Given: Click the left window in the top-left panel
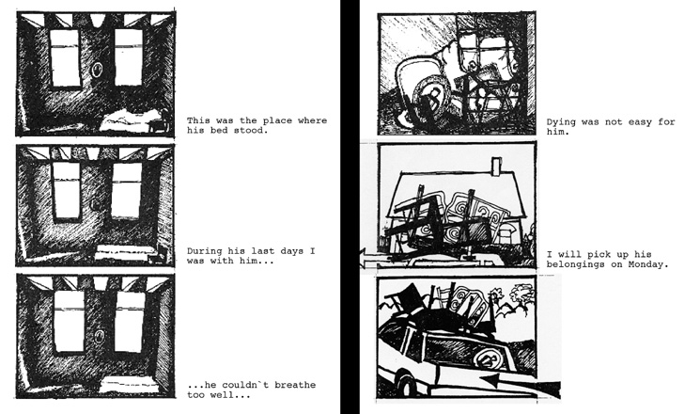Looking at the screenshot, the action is [65, 58].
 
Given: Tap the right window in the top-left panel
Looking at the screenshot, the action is [129, 57].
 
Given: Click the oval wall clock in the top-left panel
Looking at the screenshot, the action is [97, 70].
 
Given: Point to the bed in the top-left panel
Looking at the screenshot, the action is [131, 120].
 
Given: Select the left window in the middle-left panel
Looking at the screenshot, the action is [67, 191].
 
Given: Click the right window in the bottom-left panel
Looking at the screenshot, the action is [130, 322].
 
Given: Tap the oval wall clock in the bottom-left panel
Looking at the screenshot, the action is [101, 336].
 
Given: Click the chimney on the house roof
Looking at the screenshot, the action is [496, 167].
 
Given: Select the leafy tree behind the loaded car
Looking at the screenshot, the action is [521, 295].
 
